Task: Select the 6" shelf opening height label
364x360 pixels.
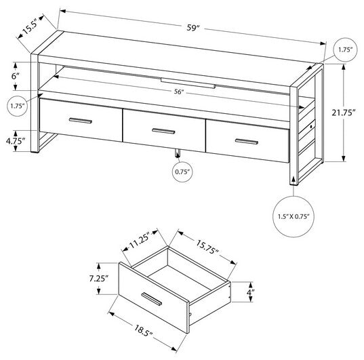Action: (15, 77)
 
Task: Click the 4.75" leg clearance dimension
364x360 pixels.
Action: (14, 141)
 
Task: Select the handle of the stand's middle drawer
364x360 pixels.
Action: (163, 130)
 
